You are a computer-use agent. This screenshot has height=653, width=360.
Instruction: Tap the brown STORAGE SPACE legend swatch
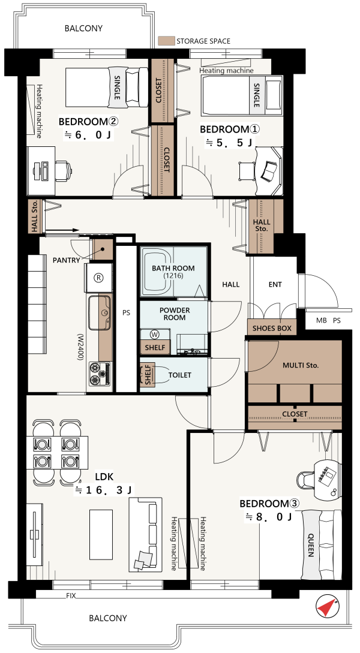[x=166, y=41]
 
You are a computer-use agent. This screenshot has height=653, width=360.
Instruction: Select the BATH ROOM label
[x=173, y=268]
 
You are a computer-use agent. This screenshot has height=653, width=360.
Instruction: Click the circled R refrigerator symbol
[x=99, y=278]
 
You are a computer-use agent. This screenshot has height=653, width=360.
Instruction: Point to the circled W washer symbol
[x=155, y=334]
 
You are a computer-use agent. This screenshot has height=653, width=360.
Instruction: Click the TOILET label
[x=180, y=375]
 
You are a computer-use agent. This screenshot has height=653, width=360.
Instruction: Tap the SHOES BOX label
[x=272, y=328]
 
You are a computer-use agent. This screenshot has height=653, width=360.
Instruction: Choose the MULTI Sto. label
[x=301, y=366]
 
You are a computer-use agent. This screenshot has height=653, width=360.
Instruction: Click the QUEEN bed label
[x=310, y=545]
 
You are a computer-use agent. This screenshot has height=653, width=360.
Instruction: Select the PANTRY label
[x=66, y=260]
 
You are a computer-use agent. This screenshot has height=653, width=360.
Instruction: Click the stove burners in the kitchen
[x=100, y=374]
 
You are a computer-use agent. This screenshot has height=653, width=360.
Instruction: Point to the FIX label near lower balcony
[x=71, y=596]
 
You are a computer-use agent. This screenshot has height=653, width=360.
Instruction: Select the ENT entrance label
[x=275, y=284]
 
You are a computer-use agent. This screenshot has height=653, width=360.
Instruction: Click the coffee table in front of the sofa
[x=101, y=535]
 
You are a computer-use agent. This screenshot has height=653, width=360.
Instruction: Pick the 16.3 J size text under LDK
[x=104, y=490]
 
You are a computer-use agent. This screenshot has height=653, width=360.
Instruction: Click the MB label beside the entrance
[x=321, y=321]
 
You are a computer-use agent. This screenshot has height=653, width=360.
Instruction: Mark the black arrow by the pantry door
[x=62, y=230]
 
